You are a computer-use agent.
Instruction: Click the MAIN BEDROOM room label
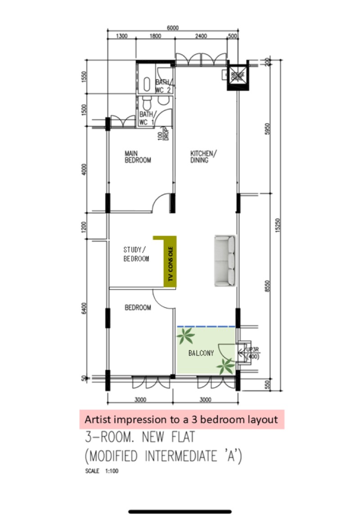coord(138,157)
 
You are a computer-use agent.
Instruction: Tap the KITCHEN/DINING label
coord(203,157)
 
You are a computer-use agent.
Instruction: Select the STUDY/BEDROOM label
coord(136,254)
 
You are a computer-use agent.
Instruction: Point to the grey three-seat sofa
coord(225,260)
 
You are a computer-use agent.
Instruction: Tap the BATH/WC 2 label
coord(163,85)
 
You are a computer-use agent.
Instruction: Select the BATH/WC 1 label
coord(147,118)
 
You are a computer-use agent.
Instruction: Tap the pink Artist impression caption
coord(181,419)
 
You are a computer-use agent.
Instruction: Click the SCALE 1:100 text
coord(102,472)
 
